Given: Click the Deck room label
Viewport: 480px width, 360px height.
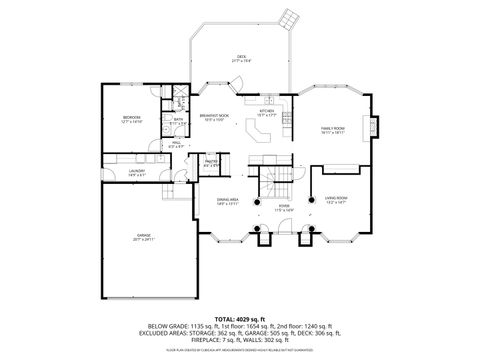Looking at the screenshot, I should (x=241, y=58).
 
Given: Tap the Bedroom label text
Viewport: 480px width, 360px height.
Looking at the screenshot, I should (x=131, y=118).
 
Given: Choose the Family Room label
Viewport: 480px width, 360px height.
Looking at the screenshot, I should (x=333, y=130).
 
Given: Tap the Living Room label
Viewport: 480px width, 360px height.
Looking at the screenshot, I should (x=335, y=200).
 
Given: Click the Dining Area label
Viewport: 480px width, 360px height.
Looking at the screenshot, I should (x=227, y=200).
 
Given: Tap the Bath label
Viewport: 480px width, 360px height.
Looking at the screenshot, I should (x=178, y=121).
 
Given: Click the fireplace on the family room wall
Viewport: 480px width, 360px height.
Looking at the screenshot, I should (x=372, y=128).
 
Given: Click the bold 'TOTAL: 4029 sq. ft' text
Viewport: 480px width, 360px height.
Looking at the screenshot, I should (x=240, y=318).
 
